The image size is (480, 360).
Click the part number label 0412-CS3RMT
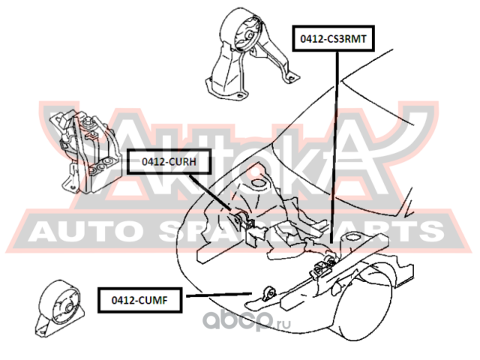(335, 37)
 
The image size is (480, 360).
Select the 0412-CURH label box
(163, 160)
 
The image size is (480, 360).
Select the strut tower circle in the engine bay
(259, 181)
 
